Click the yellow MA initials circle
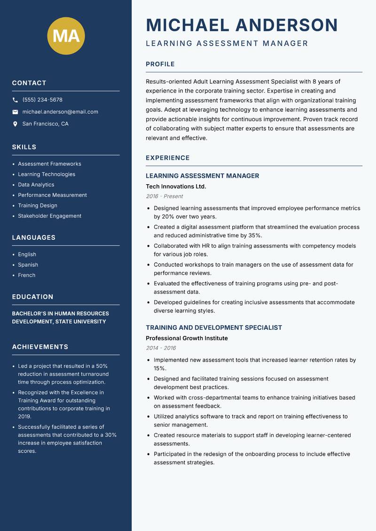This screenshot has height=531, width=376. point(66,36)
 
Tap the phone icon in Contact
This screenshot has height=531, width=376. point(16,100)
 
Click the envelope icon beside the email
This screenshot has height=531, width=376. point(16,112)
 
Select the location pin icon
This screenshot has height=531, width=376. point(16,124)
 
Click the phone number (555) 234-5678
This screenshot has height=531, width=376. point(42,100)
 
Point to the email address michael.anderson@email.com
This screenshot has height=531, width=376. point(60,112)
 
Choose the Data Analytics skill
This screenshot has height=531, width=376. point(36,185)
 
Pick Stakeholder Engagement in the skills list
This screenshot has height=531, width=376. point(49,216)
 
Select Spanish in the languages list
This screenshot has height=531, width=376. point(28,265)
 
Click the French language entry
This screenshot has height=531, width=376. point(27,275)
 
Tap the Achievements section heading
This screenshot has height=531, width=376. point(40,347)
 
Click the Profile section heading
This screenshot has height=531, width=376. point(160,64)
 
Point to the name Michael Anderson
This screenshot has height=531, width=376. point(242,25)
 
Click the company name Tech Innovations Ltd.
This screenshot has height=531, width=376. point(176,187)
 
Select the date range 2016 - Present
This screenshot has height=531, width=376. point(164,196)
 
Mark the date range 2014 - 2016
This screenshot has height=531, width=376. point(161,348)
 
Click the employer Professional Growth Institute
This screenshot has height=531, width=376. point(187,338)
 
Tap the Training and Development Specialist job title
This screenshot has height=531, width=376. point(214,328)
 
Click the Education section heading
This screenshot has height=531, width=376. point(33,297)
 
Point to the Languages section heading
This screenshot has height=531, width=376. point(34,238)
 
